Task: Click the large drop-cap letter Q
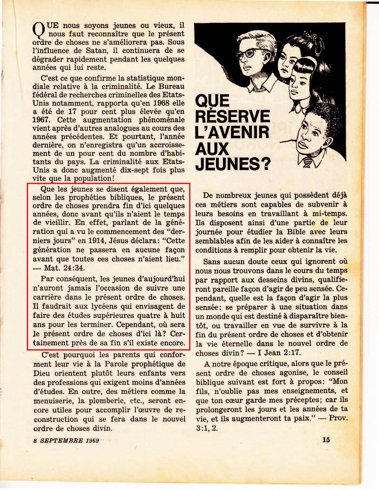pos(38,30)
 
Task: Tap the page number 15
pos(326,439)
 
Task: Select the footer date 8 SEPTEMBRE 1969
pos(66,440)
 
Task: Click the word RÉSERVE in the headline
pos(232,116)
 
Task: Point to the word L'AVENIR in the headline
pos(232,132)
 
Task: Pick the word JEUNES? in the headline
pos(233,164)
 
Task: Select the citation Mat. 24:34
pos(64,268)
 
